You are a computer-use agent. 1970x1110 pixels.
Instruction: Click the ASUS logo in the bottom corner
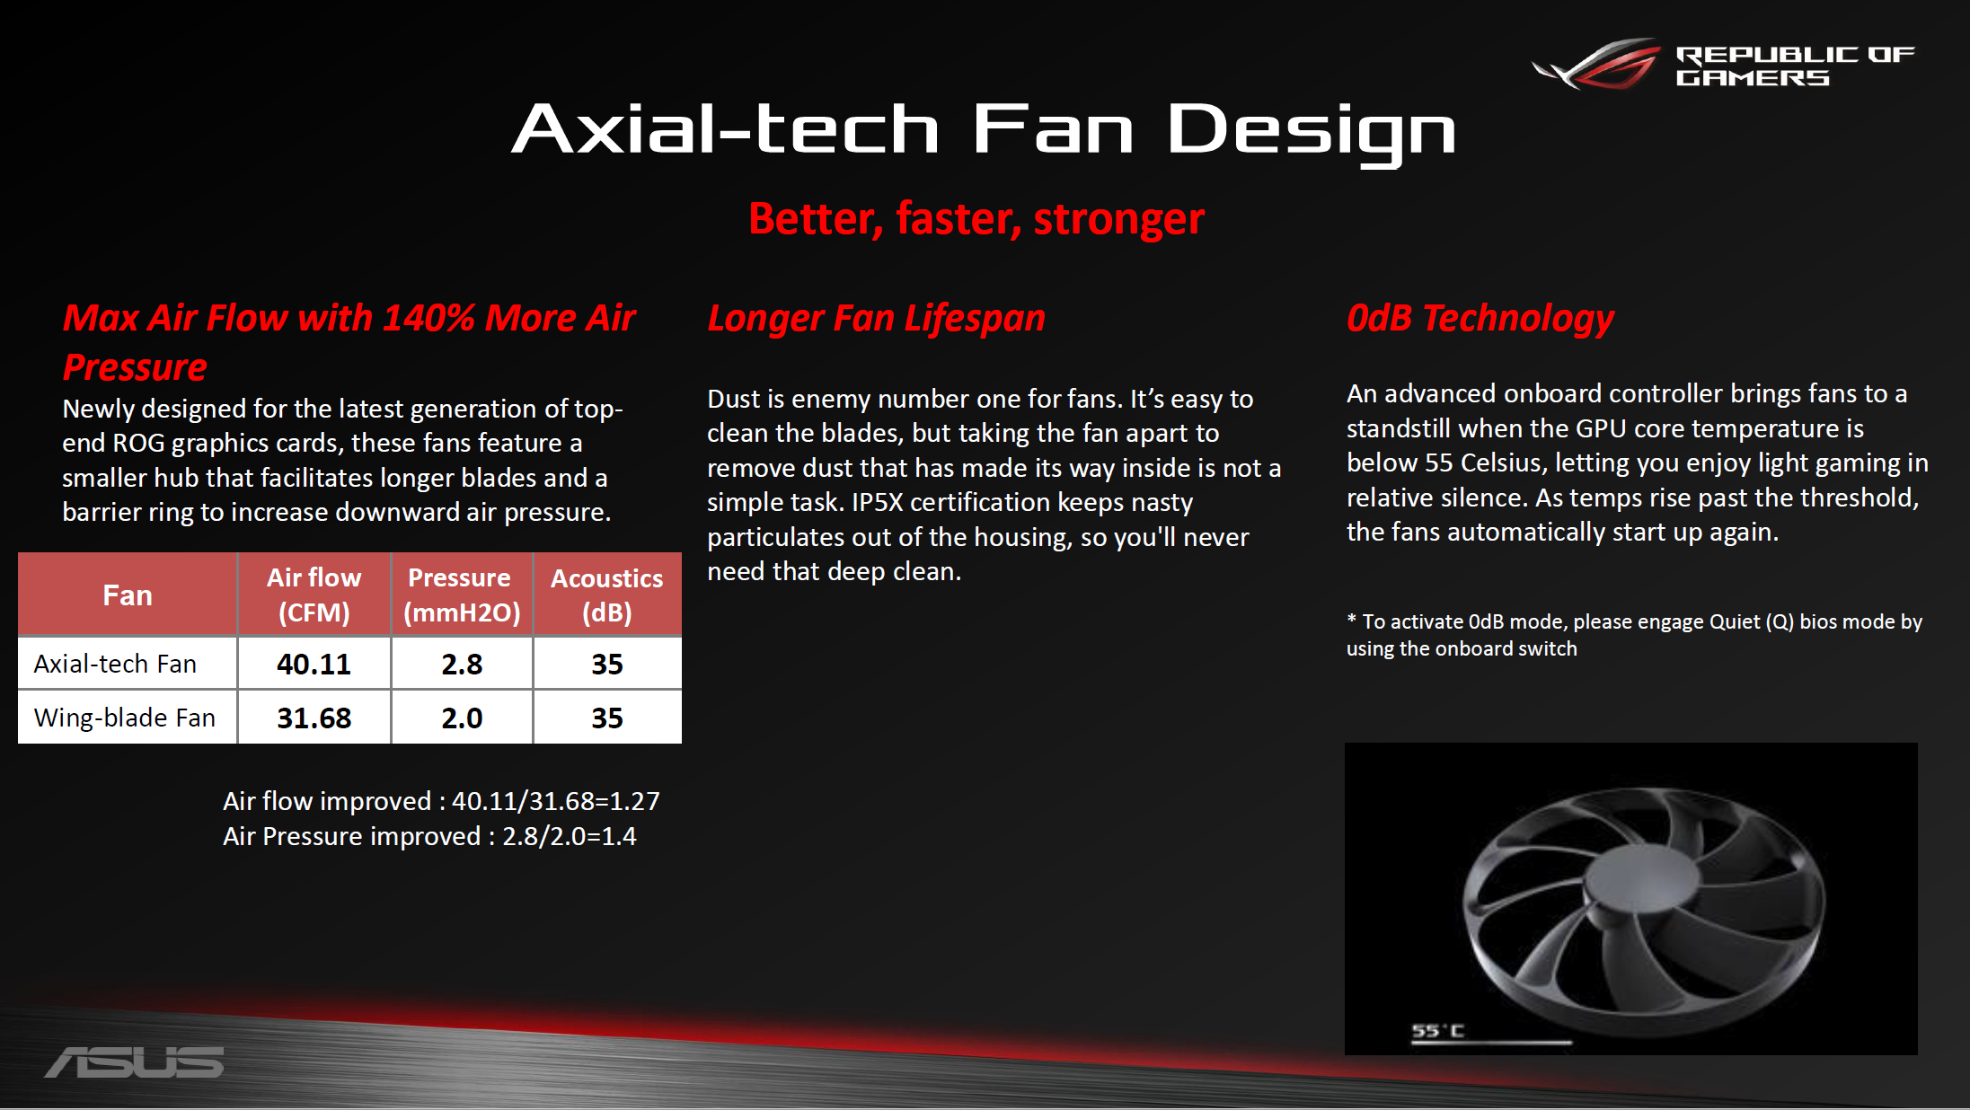click(x=135, y=1062)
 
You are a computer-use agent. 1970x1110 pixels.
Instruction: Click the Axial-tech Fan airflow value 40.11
click(x=314, y=664)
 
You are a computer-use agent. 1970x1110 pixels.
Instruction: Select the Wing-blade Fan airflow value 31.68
click(x=314, y=718)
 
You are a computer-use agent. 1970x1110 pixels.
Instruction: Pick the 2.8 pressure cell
click(x=462, y=664)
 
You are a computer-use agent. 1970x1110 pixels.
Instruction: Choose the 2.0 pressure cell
click(x=462, y=718)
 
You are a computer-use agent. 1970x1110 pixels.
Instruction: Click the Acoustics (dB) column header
click(x=607, y=595)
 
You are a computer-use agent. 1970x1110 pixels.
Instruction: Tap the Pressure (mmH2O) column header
click(x=462, y=595)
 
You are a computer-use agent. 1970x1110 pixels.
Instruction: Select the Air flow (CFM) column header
click(x=314, y=595)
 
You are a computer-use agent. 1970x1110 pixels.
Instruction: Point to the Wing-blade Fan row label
click(x=125, y=718)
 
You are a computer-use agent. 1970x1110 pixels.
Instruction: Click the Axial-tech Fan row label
click(x=115, y=664)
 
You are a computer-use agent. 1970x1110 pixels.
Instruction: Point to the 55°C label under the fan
click(x=1437, y=1031)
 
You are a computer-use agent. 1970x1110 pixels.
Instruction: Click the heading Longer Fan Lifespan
click(x=877, y=320)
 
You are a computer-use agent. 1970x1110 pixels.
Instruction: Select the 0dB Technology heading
click(x=1480, y=320)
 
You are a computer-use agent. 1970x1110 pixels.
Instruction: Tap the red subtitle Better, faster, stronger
click(x=976, y=219)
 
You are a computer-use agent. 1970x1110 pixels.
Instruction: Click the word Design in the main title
click(x=1311, y=131)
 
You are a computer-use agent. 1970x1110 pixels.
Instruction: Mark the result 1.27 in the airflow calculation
click(x=634, y=801)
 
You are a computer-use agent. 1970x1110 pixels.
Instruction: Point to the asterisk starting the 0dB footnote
click(x=1351, y=619)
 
